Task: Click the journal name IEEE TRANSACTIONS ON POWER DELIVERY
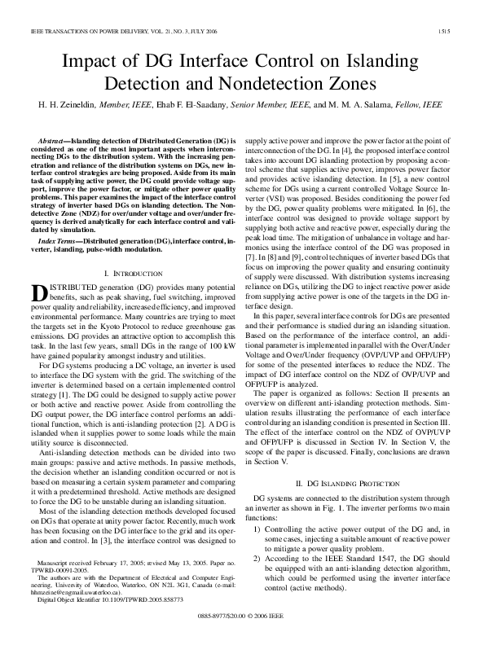pos(84,32)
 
